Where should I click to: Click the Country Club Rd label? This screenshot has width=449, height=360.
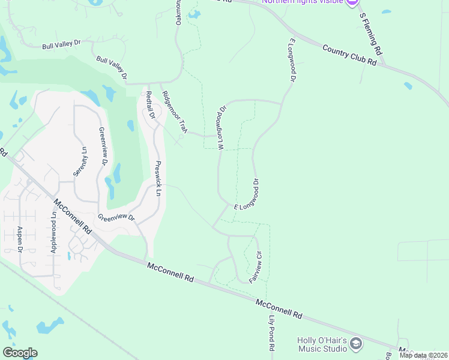pyautogui.click(x=349, y=55)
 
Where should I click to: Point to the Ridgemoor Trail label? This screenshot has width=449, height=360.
pyautogui.click(x=175, y=112)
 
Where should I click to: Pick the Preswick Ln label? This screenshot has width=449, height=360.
pyautogui.click(x=158, y=178)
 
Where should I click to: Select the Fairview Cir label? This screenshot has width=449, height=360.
pyautogui.click(x=256, y=266)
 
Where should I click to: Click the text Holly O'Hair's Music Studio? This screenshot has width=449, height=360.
pyautogui.click(x=322, y=344)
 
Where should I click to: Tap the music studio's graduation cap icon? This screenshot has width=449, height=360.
pyautogui.click(x=355, y=344)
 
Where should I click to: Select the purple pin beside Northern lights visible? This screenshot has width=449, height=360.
pyautogui.click(x=353, y=2)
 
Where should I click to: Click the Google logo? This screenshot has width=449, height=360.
pyautogui.click(x=20, y=353)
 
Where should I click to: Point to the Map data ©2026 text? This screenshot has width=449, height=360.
pyautogui.click(x=424, y=355)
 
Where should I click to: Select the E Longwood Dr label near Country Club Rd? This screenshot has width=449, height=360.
pyautogui.click(x=292, y=60)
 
